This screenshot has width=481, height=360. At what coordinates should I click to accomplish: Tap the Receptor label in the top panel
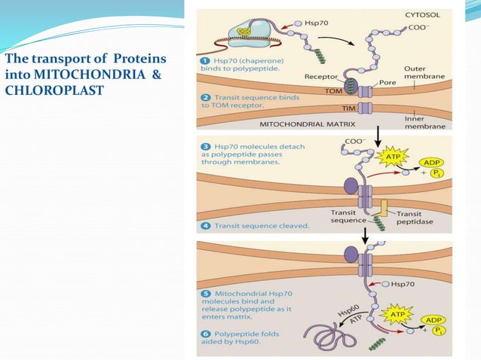321,76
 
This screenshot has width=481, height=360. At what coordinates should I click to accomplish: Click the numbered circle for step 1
204,59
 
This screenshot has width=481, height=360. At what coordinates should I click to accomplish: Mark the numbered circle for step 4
204,225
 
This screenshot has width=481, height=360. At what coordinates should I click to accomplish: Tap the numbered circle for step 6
204,331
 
